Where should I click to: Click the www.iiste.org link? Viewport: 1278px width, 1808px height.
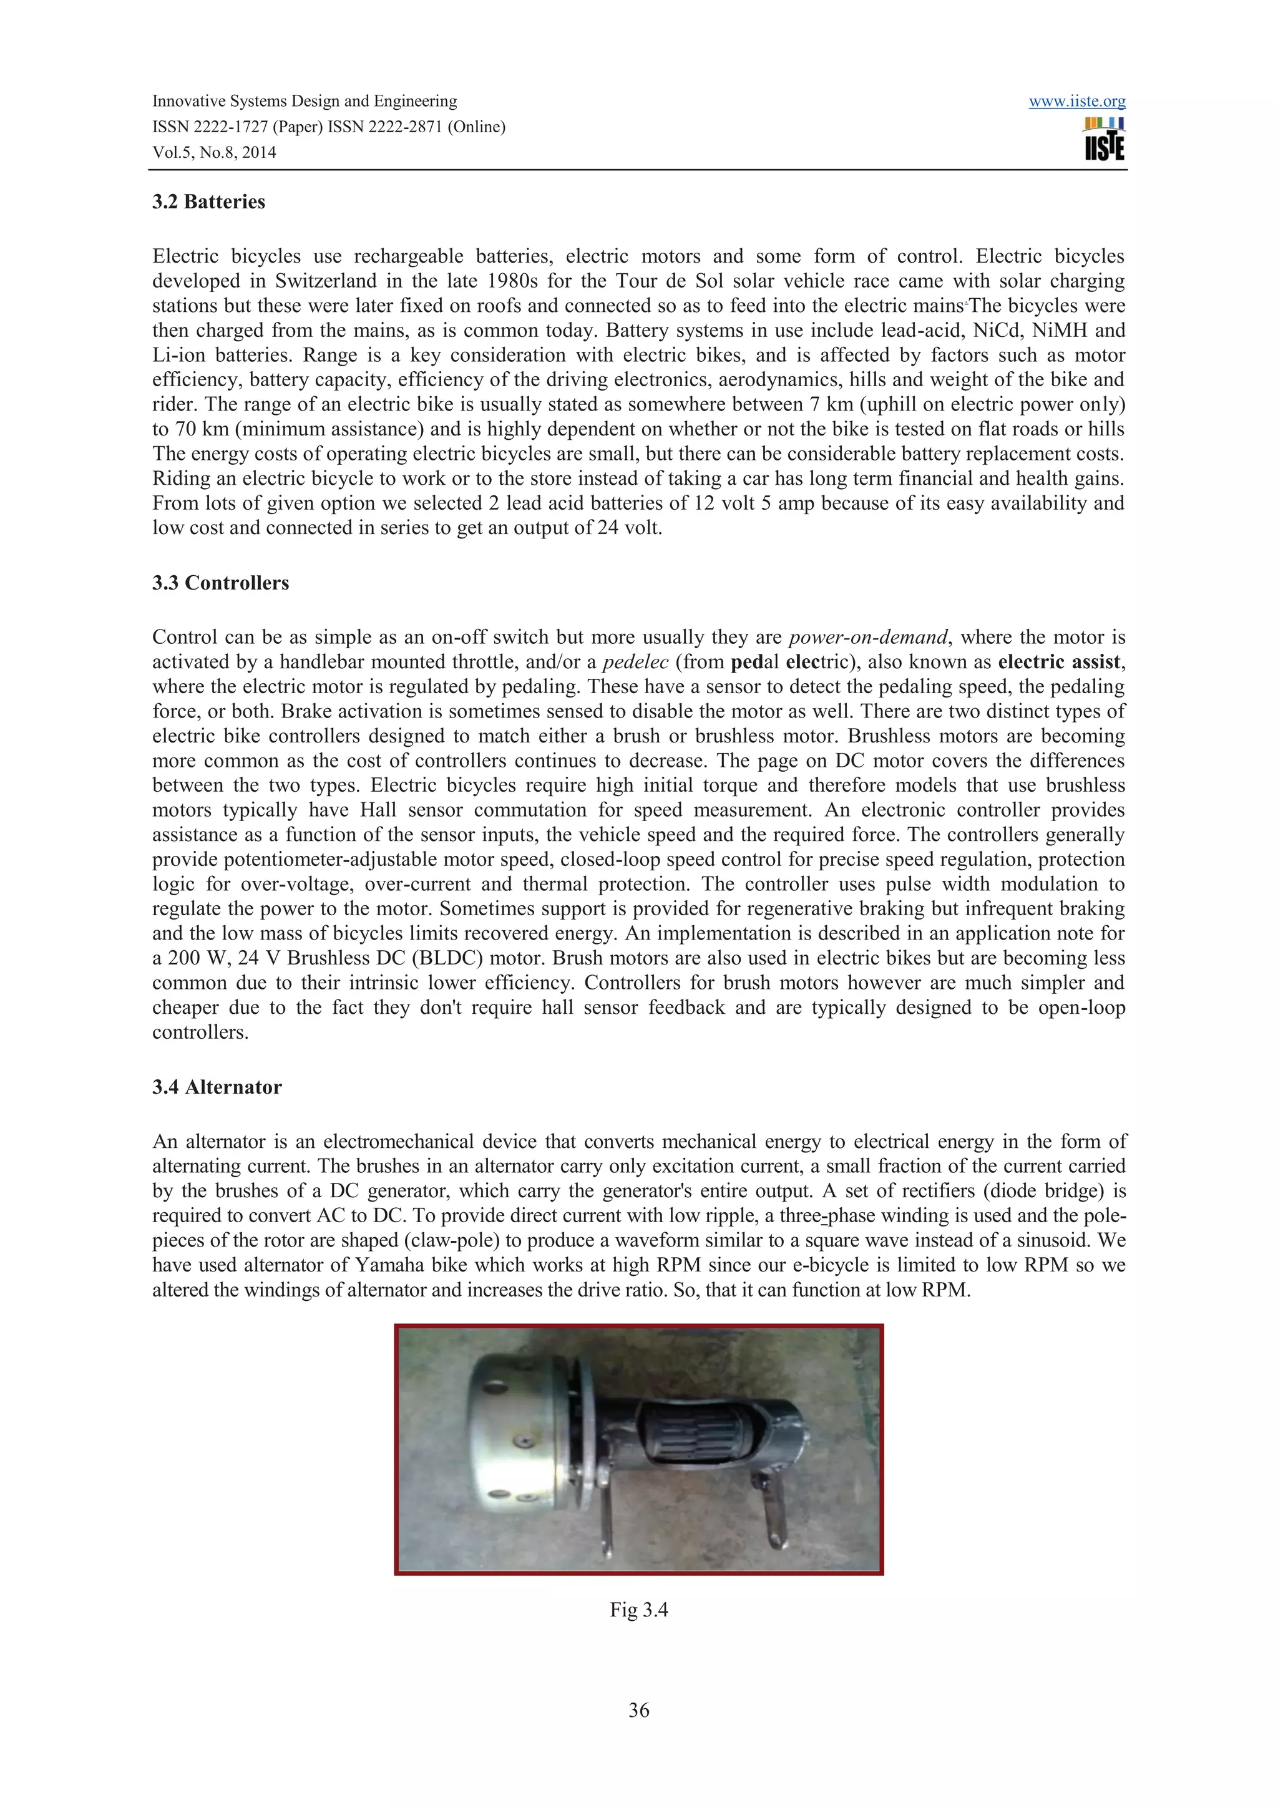pyautogui.click(x=1076, y=102)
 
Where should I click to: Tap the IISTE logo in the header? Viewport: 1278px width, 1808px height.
pyautogui.click(x=1104, y=139)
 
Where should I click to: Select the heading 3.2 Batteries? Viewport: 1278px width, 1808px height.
pyautogui.click(x=208, y=202)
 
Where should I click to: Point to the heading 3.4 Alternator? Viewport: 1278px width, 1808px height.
pyautogui.click(x=217, y=1087)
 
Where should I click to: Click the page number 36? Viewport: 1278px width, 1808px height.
pyautogui.click(x=638, y=1709)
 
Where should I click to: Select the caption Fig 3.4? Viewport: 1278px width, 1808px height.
pyautogui.click(x=638, y=1610)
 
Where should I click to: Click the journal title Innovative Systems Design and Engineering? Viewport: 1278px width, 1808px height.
pyautogui.click(x=304, y=102)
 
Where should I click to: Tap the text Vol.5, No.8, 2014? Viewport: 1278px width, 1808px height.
pyautogui.click(x=214, y=153)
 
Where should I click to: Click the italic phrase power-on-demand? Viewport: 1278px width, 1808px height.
pyautogui.click(x=868, y=637)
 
